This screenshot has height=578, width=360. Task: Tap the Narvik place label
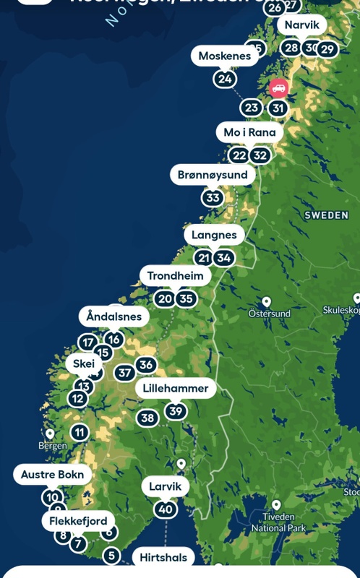(x=301, y=25)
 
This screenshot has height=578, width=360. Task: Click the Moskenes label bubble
(x=225, y=56)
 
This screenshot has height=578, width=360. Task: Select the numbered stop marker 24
(x=225, y=79)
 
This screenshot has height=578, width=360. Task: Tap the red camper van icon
(x=278, y=88)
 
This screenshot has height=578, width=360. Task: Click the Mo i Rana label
(x=249, y=132)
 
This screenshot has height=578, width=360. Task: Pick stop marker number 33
(x=213, y=197)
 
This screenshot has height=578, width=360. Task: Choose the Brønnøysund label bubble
(x=213, y=175)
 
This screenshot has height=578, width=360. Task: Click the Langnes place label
(x=214, y=235)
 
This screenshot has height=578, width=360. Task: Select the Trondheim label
(x=176, y=275)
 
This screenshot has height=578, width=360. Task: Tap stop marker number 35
(x=187, y=298)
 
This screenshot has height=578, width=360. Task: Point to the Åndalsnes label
(x=114, y=316)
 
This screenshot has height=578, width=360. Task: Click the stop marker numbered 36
(x=146, y=365)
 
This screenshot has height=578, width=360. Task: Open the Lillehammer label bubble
(x=176, y=388)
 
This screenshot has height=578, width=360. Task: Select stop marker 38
(x=147, y=418)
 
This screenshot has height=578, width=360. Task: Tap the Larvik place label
(x=165, y=486)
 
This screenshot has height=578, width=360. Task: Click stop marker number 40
(x=166, y=509)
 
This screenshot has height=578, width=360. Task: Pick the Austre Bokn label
(x=53, y=475)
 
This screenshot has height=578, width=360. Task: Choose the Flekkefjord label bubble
(x=78, y=521)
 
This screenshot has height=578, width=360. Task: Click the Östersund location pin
(x=266, y=302)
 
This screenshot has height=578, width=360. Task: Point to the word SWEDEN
(x=327, y=215)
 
